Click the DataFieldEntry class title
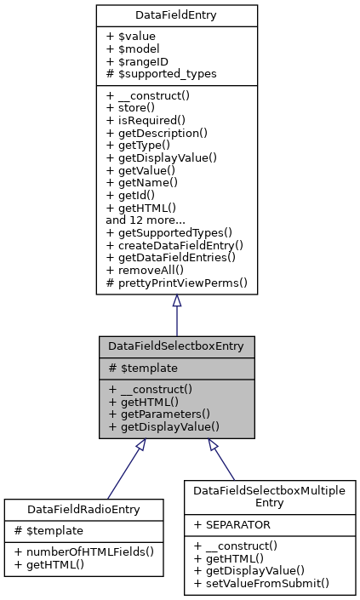pyautogui.click(x=176, y=14)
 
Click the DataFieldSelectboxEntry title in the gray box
pyautogui.click(x=176, y=346)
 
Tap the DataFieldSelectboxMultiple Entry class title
pyautogui.click(x=268, y=497)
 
